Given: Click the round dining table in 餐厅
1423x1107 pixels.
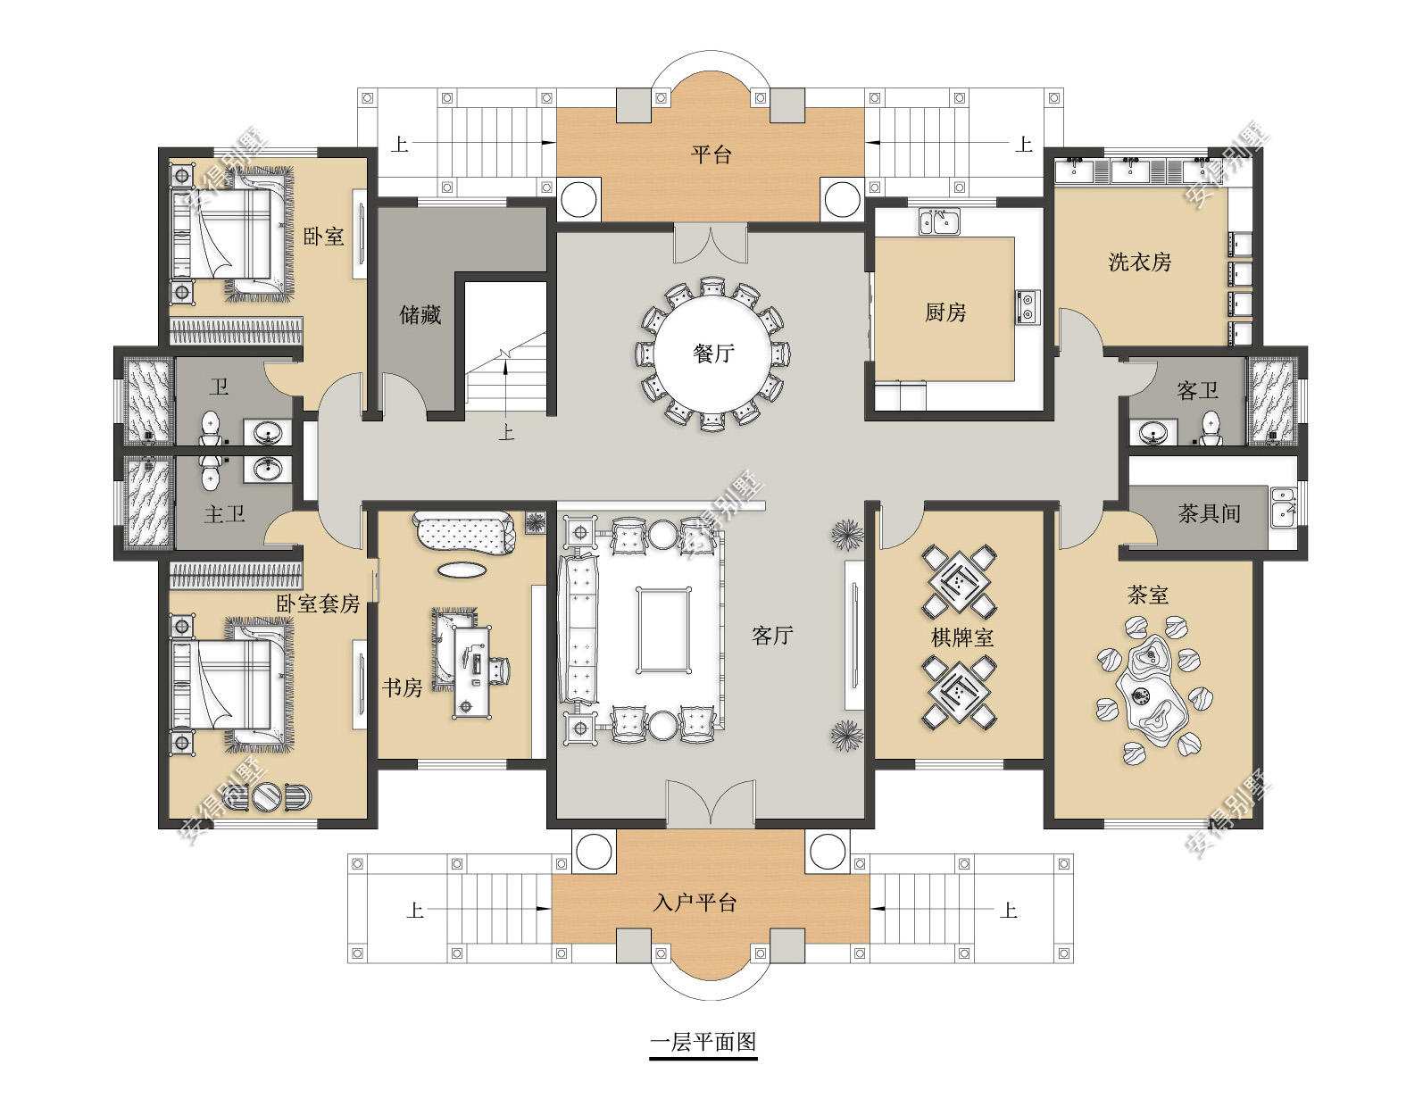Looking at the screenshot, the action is pyautogui.click(x=712, y=354).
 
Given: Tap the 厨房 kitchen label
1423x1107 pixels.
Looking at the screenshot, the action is pyautogui.click(x=945, y=313).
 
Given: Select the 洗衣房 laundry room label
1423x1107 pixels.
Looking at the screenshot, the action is pyautogui.click(x=1139, y=262).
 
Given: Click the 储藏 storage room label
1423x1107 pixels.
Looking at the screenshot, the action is pyautogui.click(x=420, y=315).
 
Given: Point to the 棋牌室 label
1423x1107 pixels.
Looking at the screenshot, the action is pyautogui.click(x=962, y=637).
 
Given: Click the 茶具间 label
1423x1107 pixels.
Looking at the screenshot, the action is pyautogui.click(x=1209, y=513).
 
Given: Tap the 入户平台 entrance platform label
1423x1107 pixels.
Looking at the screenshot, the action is pyautogui.click(x=695, y=903).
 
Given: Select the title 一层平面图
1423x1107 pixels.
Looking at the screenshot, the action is pyautogui.click(x=703, y=1042).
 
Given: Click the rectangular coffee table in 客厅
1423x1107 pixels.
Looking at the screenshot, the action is pyautogui.click(x=663, y=629).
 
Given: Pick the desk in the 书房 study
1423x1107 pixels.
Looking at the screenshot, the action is pyautogui.click(x=472, y=671).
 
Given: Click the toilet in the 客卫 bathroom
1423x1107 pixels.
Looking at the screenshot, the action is pyautogui.click(x=1211, y=429).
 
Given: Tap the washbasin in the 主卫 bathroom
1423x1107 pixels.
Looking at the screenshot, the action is pyautogui.click(x=267, y=470).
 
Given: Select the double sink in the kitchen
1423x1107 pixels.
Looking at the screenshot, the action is pyautogui.click(x=938, y=221).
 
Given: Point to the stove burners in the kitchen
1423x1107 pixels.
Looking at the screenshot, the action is pyautogui.click(x=1027, y=307).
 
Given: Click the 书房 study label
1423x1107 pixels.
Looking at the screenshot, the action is pyautogui.click(x=402, y=688).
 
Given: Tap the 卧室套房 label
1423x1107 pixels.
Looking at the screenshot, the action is pyautogui.click(x=318, y=603).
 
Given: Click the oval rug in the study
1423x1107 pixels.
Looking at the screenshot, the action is pyautogui.click(x=462, y=570).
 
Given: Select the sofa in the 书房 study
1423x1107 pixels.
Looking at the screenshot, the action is pyautogui.click(x=463, y=532).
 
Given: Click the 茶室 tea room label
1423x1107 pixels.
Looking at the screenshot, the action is pyautogui.click(x=1147, y=595).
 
